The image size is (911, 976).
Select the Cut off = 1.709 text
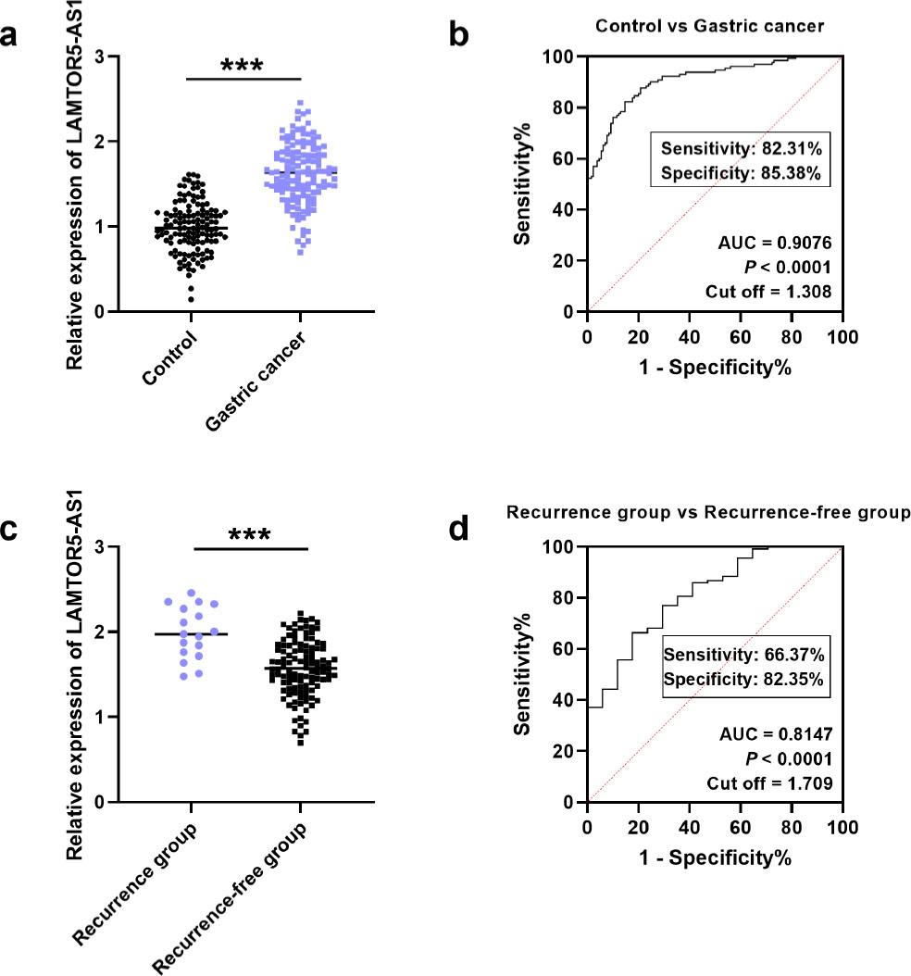tap(769, 782)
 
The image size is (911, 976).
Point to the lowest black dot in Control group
tap(191, 298)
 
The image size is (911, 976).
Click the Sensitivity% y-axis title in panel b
tap(524, 185)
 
